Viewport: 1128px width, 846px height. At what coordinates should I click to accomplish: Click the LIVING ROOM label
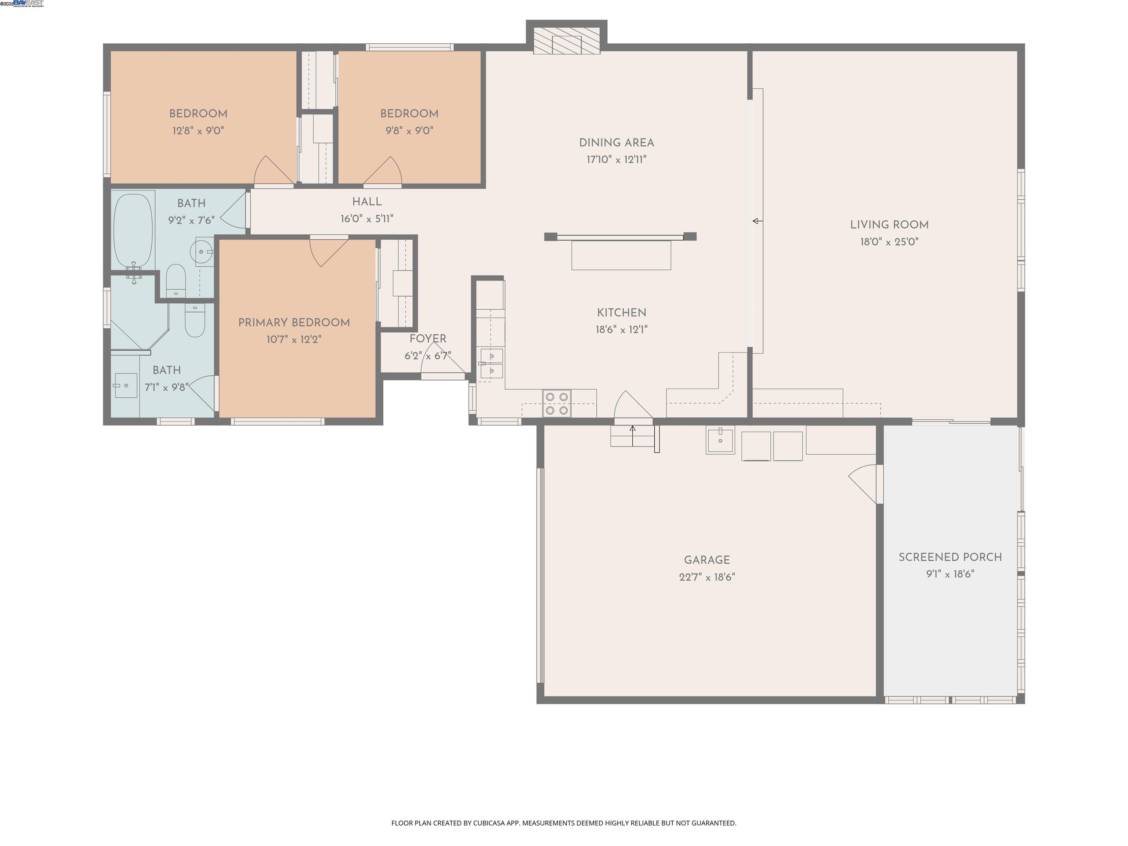tap(889, 225)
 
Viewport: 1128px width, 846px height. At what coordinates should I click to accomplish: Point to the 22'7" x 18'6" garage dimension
tap(707, 577)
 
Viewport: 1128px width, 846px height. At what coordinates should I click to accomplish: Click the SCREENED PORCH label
tap(950, 557)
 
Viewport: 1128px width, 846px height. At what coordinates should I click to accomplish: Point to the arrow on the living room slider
tap(758, 221)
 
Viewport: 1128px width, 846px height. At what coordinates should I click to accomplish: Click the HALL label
tap(367, 202)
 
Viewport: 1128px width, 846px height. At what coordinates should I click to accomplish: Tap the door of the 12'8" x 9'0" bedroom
tap(273, 171)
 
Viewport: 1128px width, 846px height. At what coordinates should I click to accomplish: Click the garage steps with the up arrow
tap(632, 436)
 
